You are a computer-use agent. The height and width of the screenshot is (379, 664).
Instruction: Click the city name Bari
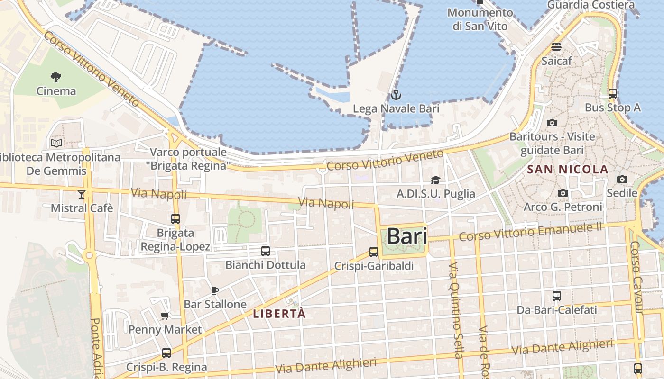pyautogui.click(x=407, y=236)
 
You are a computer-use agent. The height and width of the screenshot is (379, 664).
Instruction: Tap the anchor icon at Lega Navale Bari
pyautogui.click(x=396, y=95)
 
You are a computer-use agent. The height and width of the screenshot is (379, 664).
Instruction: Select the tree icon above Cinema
pyautogui.click(x=56, y=77)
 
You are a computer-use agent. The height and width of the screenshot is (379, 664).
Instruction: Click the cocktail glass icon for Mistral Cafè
pyautogui.click(x=82, y=194)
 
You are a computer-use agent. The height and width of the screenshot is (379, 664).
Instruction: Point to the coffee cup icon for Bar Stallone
pyautogui.click(x=215, y=290)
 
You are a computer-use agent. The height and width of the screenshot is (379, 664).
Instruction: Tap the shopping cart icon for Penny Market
pyautogui.click(x=165, y=316)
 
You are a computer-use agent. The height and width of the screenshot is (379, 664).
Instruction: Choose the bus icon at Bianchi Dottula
pyautogui.click(x=266, y=251)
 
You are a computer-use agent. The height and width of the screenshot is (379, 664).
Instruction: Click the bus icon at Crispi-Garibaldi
pyautogui.click(x=374, y=252)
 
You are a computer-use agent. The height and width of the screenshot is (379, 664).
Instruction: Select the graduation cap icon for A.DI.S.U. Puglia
pyautogui.click(x=435, y=180)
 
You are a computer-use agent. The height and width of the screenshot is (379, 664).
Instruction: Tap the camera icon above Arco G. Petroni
pyautogui.click(x=563, y=193)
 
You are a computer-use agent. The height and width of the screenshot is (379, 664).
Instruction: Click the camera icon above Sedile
pyautogui.click(x=622, y=179)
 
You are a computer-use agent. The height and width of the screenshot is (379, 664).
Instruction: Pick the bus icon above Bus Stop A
pyautogui.click(x=613, y=94)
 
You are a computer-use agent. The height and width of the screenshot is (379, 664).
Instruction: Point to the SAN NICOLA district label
pyautogui.click(x=568, y=169)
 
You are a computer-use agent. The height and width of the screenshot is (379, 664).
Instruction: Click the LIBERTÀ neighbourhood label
pyautogui.click(x=279, y=314)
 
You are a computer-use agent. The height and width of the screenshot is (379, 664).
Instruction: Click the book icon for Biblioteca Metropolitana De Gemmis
pyautogui.click(x=56, y=143)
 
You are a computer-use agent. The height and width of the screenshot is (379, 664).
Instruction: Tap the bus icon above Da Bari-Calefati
pyautogui.click(x=557, y=296)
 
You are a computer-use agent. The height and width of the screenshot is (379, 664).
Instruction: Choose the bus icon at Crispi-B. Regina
pyautogui.click(x=166, y=353)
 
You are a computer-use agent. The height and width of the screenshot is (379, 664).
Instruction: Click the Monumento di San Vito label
pyautogui.click(x=480, y=19)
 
